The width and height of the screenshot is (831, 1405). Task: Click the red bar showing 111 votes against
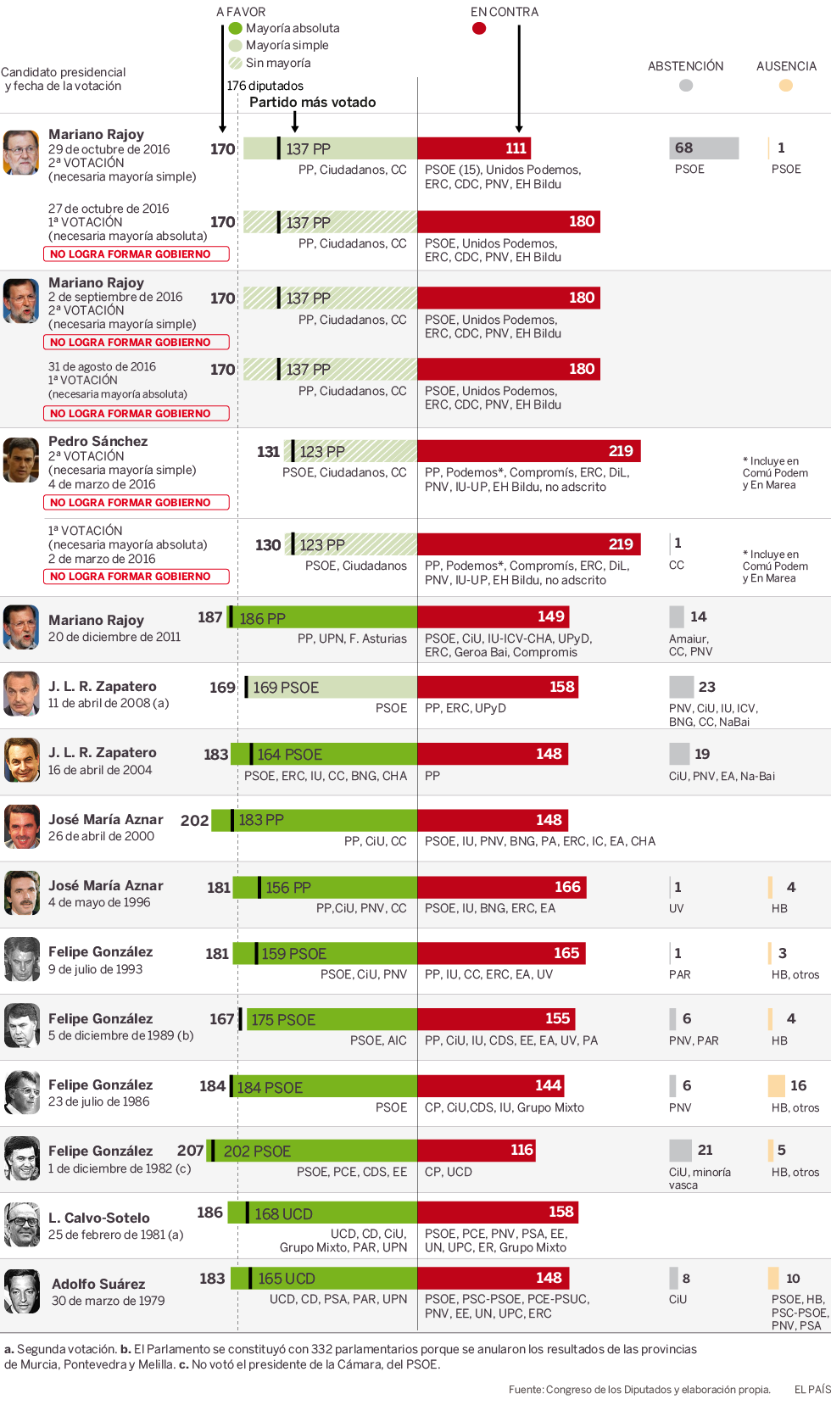(474, 148)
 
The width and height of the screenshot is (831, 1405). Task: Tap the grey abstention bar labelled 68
(704, 148)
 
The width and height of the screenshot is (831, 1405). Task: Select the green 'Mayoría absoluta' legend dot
(236, 28)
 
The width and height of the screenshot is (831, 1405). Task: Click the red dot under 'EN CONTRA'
(479, 28)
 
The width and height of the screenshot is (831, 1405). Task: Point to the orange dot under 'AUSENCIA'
(786, 85)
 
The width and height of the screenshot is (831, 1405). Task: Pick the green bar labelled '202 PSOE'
(314, 1151)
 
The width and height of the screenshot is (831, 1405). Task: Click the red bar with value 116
(477, 1150)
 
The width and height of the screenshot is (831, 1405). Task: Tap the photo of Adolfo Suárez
(22, 1291)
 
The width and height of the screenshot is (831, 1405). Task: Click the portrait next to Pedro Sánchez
(21, 460)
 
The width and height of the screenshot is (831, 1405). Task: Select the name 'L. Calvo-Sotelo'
(99, 1218)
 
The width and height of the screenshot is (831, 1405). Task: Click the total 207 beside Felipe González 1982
(191, 1151)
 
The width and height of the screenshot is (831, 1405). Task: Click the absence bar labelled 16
(777, 1085)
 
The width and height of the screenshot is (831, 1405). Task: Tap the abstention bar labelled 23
(681, 687)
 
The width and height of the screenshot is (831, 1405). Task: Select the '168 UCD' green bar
(331, 1213)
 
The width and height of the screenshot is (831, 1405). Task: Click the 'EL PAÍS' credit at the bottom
(811, 1389)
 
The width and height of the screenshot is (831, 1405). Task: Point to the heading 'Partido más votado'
(313, 103)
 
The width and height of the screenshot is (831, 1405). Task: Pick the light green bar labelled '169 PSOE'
(331, 687)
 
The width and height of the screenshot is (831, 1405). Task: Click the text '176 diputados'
(265, 86)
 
